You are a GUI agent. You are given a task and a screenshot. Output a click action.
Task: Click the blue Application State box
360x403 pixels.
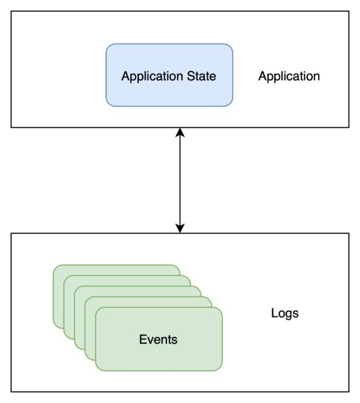pos(170,75)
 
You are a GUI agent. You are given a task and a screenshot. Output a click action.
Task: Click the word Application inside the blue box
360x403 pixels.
pos(152,77)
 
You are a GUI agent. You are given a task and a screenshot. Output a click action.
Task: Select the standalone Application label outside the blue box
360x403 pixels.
pos(289,77)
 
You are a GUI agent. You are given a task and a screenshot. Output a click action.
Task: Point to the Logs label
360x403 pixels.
pos(285,314)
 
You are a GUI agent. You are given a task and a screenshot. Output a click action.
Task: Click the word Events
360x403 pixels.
pos(158,339)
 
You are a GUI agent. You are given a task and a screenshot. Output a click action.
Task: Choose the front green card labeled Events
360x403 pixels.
pos(158,339)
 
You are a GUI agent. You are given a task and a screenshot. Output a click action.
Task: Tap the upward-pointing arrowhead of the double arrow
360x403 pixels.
pos(180,132)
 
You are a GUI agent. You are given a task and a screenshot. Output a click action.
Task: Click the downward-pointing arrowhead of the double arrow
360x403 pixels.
pos(180,229)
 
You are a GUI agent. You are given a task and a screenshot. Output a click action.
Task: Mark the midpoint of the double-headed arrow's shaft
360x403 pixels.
pos(180,180)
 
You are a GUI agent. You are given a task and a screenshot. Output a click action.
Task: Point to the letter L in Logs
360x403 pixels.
pos(274,313)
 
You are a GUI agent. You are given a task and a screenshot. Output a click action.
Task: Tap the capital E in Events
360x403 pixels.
pos(143,339)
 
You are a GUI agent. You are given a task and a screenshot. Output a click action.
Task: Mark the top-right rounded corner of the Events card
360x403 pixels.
pos(219,310)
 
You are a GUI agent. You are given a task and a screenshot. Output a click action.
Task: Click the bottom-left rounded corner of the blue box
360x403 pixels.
pos(109,104)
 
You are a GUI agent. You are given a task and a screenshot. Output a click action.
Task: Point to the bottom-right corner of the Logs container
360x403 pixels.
pos(349,392)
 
